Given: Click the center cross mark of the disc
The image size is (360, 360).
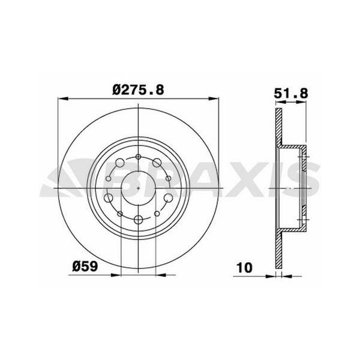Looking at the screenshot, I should pyautogui.click(x=139, y=188).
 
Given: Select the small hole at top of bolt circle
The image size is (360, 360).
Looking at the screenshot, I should pyautogui.click(x=139, y=158).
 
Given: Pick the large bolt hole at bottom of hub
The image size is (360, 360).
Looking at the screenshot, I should pyautogui.click(x=139, y=220).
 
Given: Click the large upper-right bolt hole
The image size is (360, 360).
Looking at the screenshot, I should pyautogui.click(x=157, y=163).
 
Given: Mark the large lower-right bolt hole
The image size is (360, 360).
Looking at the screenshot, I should pyautogui.click(x=169, y=198).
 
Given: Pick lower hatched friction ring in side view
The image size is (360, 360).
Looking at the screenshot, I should pyautogui.click(x=278, y=249).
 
